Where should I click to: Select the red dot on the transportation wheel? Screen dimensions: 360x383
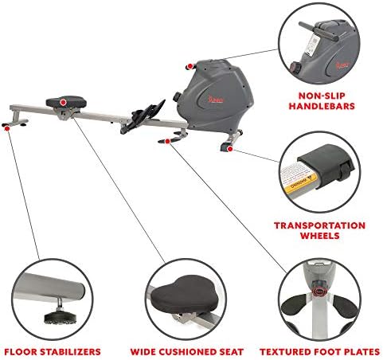point(229,148)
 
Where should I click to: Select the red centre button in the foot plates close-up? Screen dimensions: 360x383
point(322,290)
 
